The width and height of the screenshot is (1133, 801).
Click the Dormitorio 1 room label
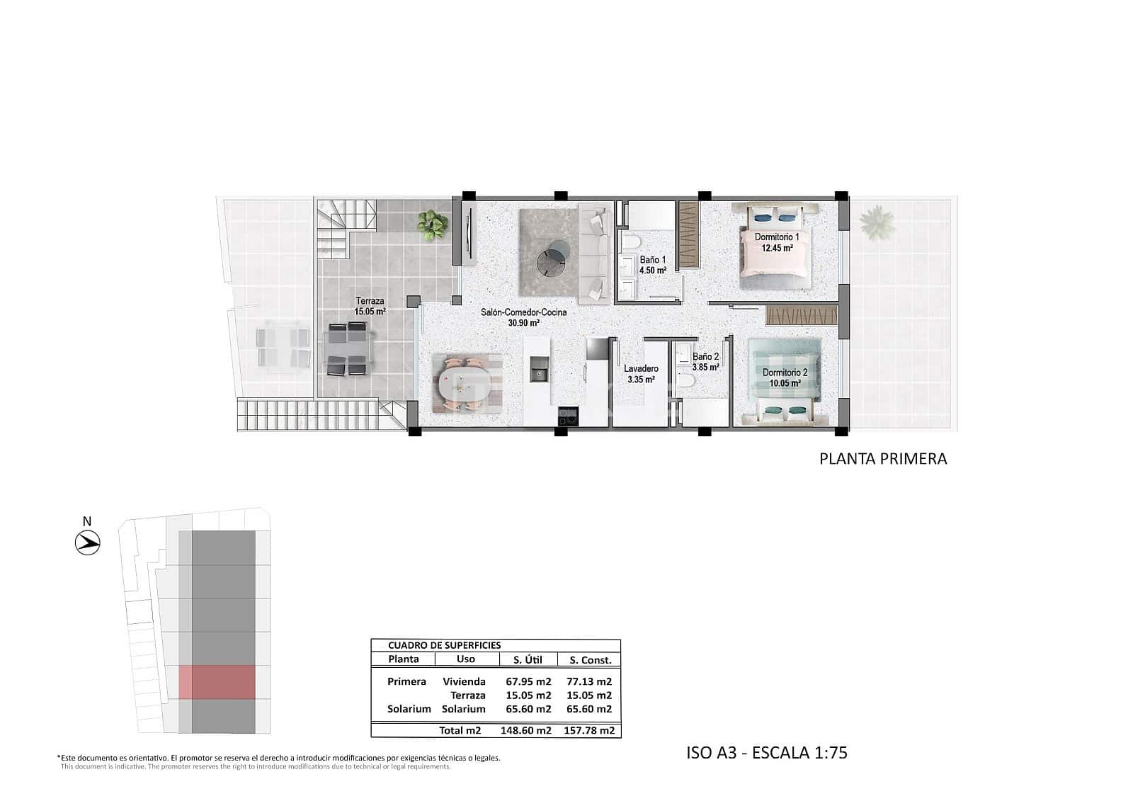click(776, 237)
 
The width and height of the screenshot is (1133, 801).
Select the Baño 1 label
click(652, 260)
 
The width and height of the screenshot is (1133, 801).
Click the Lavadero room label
click(641, 369)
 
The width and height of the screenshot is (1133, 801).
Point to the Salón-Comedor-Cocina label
click(523, 312)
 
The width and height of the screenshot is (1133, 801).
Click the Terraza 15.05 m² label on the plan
click(370, 307)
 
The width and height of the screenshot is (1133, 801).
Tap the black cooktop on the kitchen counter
click(569, 416)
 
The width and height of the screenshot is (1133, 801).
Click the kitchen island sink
click(539, 369)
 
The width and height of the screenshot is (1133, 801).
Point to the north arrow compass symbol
click(88, 543)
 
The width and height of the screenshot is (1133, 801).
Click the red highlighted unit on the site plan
click(217, 682)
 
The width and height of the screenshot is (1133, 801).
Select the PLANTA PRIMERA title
click(882, 459)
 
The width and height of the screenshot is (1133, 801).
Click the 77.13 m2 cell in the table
click(588, 682)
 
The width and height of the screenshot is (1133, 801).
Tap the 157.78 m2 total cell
click(588, 730)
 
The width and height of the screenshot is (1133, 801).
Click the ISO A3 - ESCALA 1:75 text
click(766, 752)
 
